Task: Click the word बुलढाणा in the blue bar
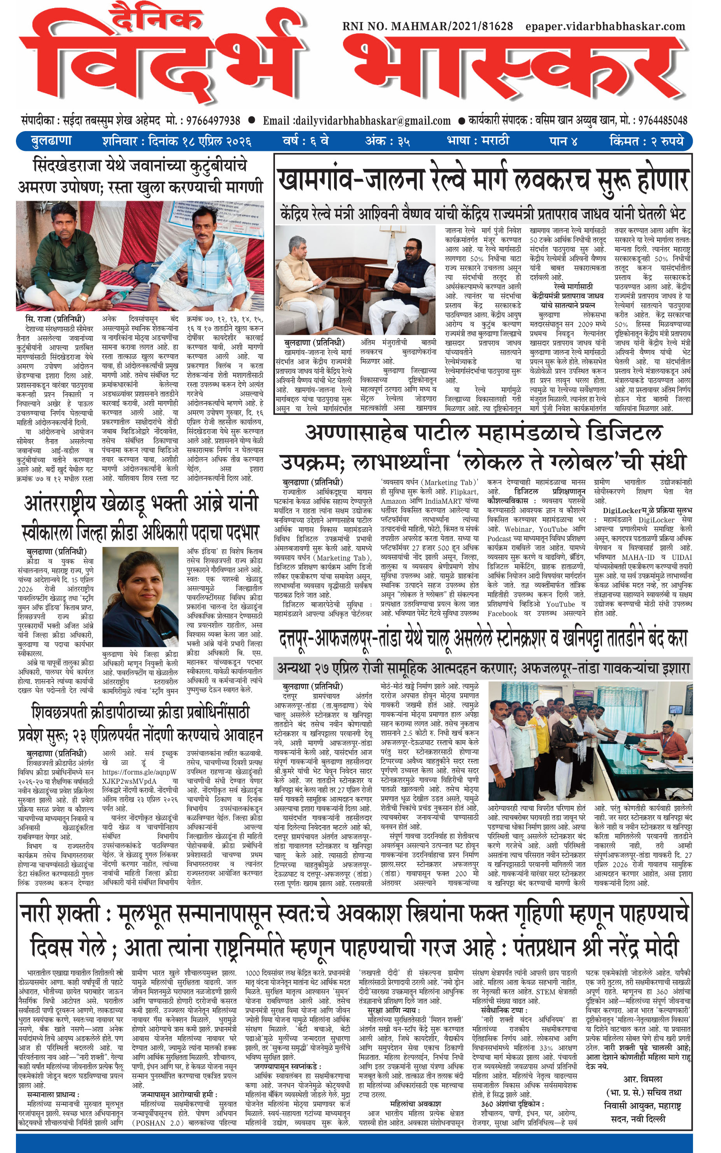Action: click(x=51, y=141)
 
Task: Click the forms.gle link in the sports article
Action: click(x=139, y=772)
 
